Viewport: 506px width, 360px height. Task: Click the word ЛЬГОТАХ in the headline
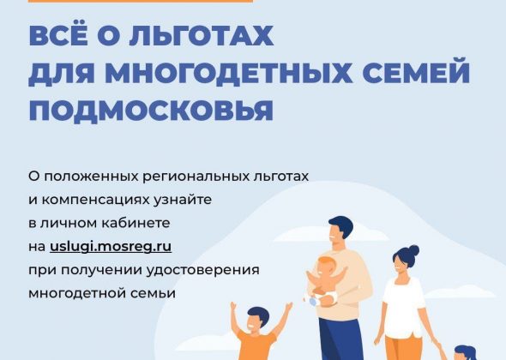[x=202, y=35]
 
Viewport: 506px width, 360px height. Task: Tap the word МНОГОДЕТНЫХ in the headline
[x=228, y=73]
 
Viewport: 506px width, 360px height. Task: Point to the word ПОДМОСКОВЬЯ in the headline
[x=151, y=111]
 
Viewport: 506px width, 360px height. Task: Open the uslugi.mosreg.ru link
[x=111, y=247]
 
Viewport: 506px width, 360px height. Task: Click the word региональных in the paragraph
[x=196, y=177]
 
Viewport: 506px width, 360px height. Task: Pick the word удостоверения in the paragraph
[x=203, y=270]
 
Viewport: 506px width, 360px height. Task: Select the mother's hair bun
[x=413, y=250]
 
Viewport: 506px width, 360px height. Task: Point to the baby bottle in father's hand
[x=311, y=301]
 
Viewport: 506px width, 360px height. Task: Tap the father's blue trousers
[x=340, y=339]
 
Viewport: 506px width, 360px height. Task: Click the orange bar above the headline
[x=141, y=2]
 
